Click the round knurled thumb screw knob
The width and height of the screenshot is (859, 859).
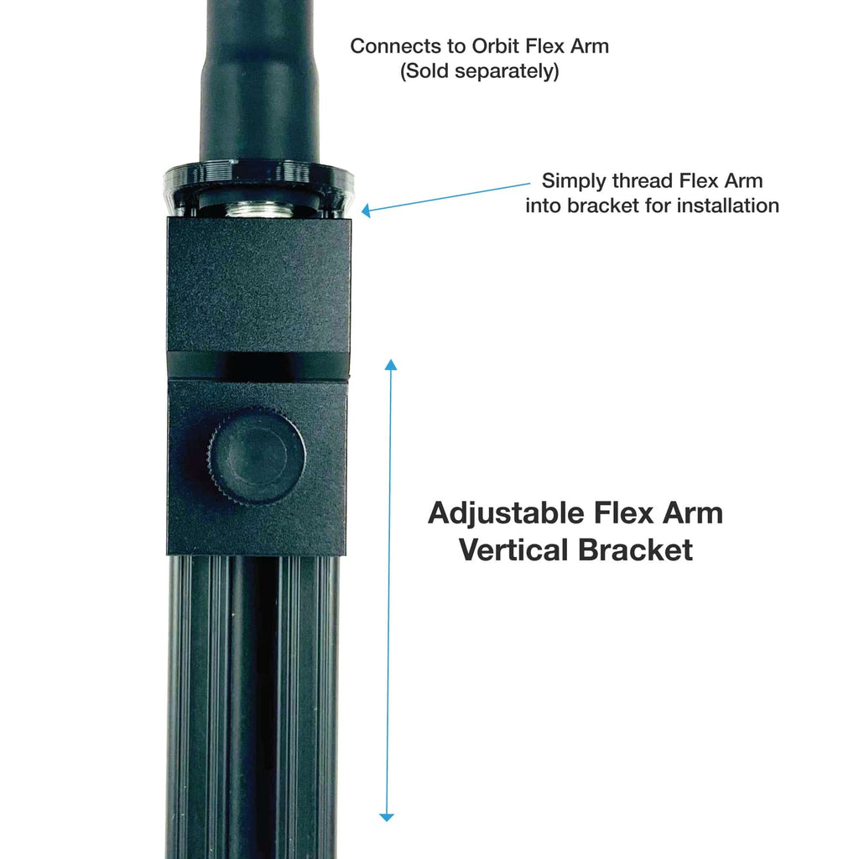tap(256, 457)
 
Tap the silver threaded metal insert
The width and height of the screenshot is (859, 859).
tap(259, 209)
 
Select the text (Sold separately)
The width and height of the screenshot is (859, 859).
tap(479, 71)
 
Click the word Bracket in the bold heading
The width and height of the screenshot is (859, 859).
tap(636, 550)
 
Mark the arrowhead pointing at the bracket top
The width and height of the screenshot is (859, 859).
tap(366, 211)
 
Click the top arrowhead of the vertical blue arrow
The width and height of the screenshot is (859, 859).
tap(391, 364)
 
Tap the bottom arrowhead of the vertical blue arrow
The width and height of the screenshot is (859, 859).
tap(386, 817)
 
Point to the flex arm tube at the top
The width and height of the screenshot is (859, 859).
tap(258, 81)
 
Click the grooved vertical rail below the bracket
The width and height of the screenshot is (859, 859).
tap(252, 706)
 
